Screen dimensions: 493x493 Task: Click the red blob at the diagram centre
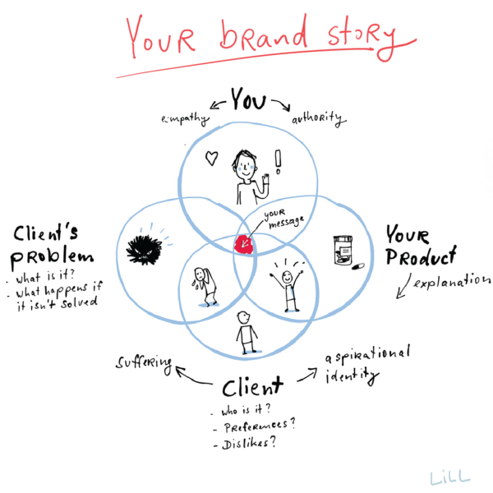(244, 245)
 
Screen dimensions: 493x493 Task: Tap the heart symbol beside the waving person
(212, 158)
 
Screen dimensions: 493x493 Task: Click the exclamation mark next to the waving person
(278, 162)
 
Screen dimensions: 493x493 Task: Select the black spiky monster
(144, 250)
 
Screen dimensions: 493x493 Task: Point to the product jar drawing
(343, 251)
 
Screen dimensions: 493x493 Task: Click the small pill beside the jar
(358, 266)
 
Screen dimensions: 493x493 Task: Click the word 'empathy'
(185, 119)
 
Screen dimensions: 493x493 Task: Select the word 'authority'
(319, 118)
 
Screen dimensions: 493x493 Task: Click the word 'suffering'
(144, 363)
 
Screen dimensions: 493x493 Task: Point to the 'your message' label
(283, 218)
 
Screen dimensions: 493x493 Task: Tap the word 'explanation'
(452, 280)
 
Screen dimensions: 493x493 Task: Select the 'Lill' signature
(450, 477)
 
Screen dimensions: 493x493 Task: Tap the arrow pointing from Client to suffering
(191, 376)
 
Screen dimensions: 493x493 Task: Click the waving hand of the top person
(266, 179)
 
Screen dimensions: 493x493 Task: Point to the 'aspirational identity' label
(367, 364)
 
